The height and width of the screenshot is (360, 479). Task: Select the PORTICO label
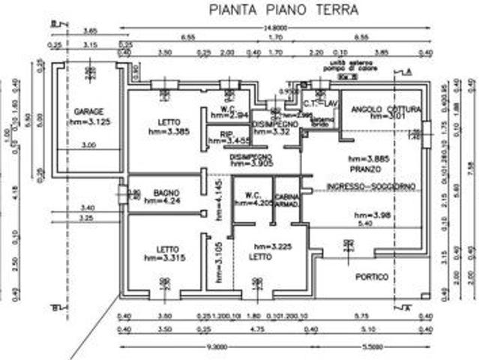pyautogui.click(x=373, y=276)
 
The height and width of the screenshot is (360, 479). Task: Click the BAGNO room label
pyautogui.click(x=159, y=192)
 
